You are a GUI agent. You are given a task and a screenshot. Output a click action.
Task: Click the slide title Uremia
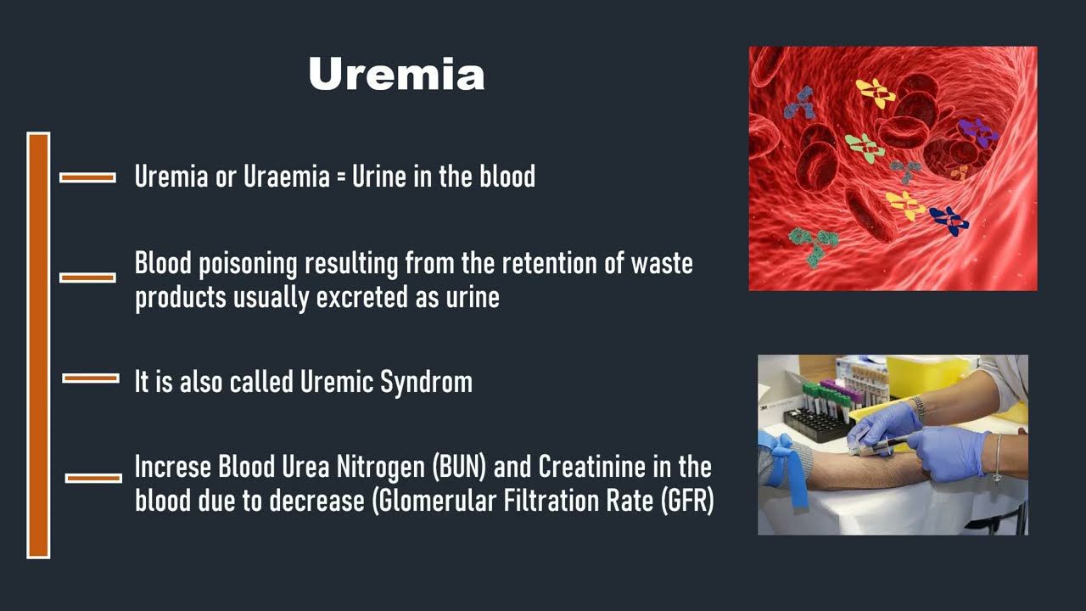396,74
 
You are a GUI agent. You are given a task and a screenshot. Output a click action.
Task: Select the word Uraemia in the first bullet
287,176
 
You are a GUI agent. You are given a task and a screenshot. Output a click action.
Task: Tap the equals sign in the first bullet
341,177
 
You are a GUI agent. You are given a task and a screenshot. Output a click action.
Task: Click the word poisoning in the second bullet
248,264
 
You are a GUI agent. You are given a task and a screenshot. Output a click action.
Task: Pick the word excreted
361,297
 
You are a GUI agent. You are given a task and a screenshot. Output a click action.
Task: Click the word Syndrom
426,383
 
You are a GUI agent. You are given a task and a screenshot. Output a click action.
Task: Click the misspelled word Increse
173,467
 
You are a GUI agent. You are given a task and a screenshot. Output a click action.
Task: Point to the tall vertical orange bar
38,345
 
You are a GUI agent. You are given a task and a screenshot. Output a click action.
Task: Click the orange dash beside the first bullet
87,178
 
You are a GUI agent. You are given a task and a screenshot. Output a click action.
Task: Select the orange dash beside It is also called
91,378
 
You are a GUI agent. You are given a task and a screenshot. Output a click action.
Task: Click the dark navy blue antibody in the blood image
949,221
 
